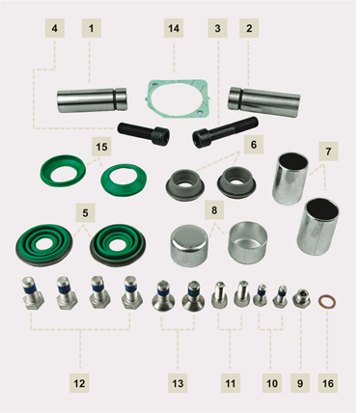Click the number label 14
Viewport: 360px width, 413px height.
[174, 28]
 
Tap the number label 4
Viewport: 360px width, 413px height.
[55, 28]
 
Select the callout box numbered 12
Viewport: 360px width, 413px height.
[79, 383]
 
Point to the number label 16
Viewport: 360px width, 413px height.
[328, 383]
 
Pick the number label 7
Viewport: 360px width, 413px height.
[328, 151]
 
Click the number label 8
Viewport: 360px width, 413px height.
[214, 210]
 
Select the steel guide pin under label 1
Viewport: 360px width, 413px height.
[93, 100]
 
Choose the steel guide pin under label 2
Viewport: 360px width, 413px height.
[264, 101]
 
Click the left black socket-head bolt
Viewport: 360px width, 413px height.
[144, 132]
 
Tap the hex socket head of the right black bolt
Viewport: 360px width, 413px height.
[202, 139]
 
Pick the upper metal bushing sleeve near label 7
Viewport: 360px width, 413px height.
[290, 179]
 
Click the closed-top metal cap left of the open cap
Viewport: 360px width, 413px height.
[189, 245]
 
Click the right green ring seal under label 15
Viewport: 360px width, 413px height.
[124, 180]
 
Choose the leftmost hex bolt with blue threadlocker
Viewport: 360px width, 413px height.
[33, 292]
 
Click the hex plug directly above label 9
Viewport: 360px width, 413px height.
[301, 297]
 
